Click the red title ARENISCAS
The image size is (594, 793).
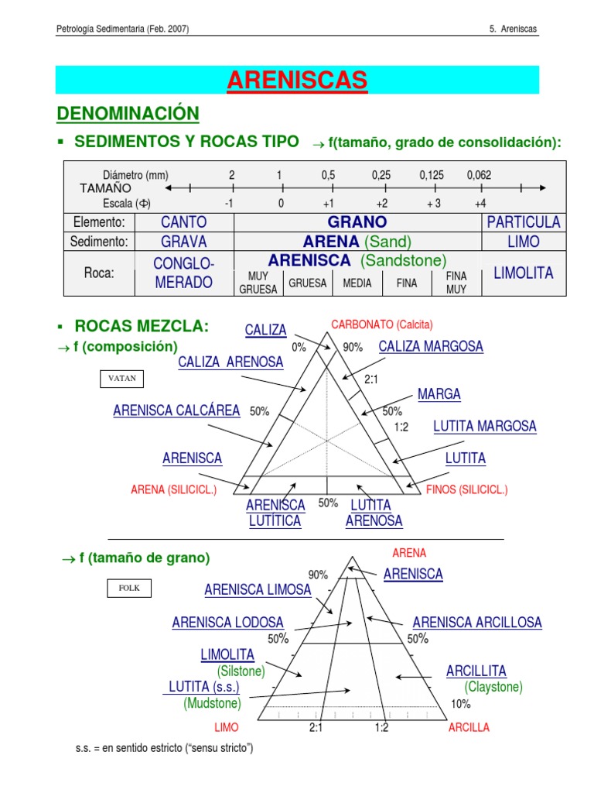pos(297,80)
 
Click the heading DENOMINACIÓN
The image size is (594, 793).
pos(128,114)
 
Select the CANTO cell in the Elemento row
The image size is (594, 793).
pos(183,222)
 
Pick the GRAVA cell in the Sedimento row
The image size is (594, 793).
pos(183,242)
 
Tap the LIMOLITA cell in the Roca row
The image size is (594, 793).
pos(523,273)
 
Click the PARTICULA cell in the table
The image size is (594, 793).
pos(523,222)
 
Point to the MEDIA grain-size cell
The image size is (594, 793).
pos(357,283)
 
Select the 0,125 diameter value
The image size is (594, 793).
pos(432,175)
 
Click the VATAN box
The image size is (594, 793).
pos(121,379)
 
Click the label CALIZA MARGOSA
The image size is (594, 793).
pos(431,347)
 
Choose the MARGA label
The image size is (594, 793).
pos(439,394)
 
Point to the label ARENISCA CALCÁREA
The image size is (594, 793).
pos(176,410)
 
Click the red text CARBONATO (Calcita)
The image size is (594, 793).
pos(381,324)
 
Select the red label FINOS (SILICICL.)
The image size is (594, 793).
pos(467,489)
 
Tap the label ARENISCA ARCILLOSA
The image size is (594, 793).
pos(477,623)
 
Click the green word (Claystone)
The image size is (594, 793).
pos(493,687)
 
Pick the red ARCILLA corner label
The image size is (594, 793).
pos(469,728)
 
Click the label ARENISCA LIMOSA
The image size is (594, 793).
pos(258,590)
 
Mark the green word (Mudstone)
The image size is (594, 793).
pos(212,703)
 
